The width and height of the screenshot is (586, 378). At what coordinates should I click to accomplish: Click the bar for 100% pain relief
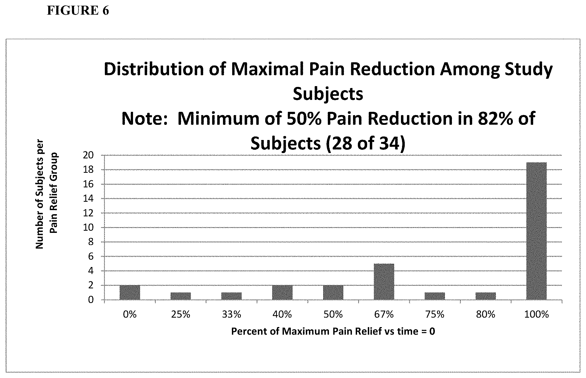pos(536,231)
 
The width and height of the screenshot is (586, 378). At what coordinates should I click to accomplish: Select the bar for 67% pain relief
pos(384,282)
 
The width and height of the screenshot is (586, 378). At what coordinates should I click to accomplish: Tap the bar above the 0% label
pos(130,292)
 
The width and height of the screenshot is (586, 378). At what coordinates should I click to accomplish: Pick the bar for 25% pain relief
pos(181,296)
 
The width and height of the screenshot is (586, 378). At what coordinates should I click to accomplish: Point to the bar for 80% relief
pos(485,296)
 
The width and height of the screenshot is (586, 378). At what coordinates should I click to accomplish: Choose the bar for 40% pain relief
pos(282,292)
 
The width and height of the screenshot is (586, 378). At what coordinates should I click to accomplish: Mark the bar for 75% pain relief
pos(435,296)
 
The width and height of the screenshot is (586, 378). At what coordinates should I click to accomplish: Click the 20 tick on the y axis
pos(88,155)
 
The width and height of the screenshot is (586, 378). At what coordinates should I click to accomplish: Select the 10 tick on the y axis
pos(88,227)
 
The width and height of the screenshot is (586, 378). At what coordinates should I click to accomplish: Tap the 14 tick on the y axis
pos(88,199)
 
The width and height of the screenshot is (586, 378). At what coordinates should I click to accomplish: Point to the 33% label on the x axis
pos(231,314)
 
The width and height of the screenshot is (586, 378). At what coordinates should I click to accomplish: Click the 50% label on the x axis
pos(333,314)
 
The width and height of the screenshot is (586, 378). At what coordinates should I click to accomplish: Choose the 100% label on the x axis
pos(536,314)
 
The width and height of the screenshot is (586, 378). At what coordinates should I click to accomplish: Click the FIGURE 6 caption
pos(78,11)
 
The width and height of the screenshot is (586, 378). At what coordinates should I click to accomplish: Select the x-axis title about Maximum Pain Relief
pos(333,331)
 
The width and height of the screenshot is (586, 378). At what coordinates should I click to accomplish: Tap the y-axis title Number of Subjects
pos(47,194)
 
